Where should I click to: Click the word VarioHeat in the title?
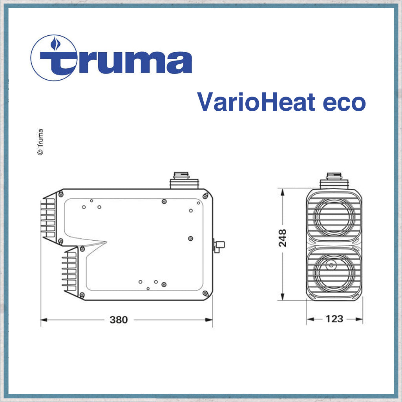(x=256, y=102)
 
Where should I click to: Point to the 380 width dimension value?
(x=119, y=320)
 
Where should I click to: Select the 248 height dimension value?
(x=283, y=238)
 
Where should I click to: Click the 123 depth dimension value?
(x=334, y=319)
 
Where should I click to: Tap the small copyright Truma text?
(x=40, y=142)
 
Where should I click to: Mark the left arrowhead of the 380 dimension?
(x=44, y=320)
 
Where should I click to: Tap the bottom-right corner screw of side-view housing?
(x=205, y=293)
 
